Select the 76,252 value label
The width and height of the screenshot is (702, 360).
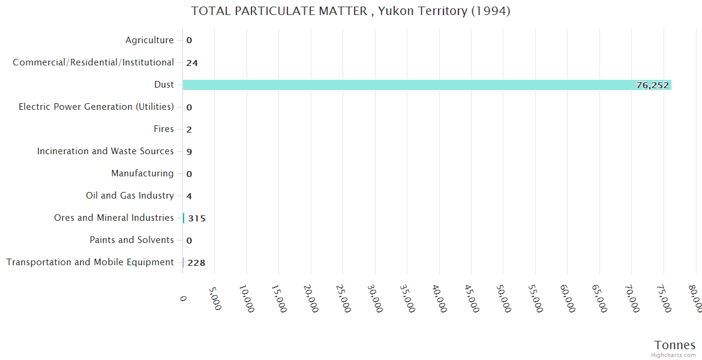[652, 85]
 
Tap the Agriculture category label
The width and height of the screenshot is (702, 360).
[149, 40]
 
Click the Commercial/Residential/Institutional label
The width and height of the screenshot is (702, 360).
[93, 62]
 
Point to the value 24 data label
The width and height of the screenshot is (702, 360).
[192, 63]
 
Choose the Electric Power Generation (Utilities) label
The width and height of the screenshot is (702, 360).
[96, 107]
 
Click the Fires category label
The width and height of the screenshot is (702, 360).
[164, 129]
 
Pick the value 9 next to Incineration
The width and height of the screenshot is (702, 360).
[189, 152]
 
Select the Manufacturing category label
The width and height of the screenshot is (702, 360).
[142, 173]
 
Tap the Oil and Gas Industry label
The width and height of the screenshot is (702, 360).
[130, 196]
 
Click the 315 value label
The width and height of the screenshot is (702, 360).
[197, 218]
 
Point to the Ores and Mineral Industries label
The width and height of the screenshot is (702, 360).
[114, 218]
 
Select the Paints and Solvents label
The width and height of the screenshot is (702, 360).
[131, 240]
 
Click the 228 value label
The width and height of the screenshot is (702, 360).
[196, 263]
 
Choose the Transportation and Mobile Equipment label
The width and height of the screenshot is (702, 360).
[90, 262]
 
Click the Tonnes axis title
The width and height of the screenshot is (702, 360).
[675, 345]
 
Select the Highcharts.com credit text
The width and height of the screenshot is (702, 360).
[674, 355]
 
